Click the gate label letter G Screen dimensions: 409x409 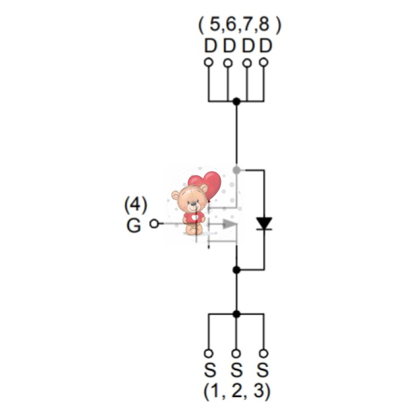point(134,226)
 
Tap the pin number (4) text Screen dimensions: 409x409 point(136,204)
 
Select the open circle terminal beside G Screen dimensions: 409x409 point(154,224)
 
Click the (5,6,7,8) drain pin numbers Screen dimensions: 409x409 point(240,25)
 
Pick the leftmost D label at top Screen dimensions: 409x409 point(210,46)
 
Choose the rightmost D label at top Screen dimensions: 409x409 point(266,46)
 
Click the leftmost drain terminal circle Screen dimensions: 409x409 point(209,63)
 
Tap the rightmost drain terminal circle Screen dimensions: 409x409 point(264,63)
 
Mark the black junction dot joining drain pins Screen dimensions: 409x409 point(236,101)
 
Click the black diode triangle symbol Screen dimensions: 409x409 point(264,224)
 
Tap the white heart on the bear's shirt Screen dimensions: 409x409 point(195,217)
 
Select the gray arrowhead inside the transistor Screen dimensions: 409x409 point(229,224)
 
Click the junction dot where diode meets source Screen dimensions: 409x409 point(236,270)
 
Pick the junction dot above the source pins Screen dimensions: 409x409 point(236,314)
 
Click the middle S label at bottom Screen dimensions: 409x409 point(236,370)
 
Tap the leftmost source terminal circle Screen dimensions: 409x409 point(209,353)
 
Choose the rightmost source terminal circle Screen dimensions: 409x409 point(264,353)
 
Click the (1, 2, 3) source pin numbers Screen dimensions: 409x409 point(237,391)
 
